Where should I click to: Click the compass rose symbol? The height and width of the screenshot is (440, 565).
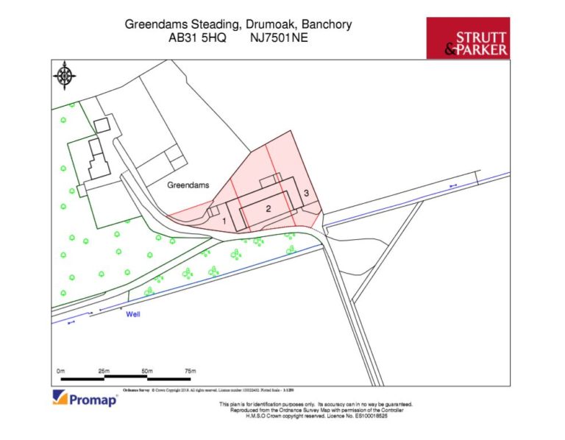point(65,75)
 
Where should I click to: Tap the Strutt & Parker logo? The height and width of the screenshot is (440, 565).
point(468,38)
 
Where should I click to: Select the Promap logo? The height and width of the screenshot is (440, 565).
point(84,400)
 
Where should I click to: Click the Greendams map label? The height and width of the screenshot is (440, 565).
point(188,186)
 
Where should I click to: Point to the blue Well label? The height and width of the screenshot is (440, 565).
point(133,314)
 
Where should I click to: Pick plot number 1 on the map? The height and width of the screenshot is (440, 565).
point(223,220)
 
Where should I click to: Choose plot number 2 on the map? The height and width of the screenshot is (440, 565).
point(269,209)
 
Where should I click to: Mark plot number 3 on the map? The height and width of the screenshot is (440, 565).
point(305,194)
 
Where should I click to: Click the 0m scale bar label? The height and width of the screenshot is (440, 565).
point(62,370)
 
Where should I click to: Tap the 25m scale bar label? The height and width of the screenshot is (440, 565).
point(103,370)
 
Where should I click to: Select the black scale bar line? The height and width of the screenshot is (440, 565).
point(125,378)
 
